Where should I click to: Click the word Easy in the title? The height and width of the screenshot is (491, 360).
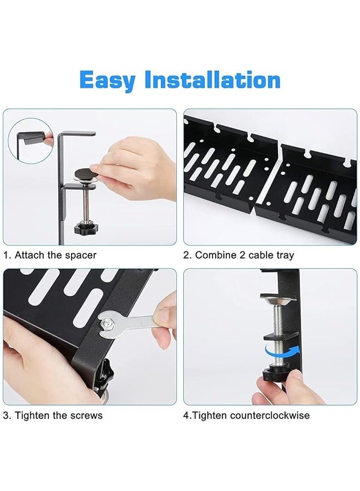pyautogui.click(x=107, y=80)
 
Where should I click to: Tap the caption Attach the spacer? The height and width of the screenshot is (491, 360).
pyautogui.click(x=50, y=255)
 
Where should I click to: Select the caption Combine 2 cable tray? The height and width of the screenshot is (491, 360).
pyautogui.click(x=239, y=255)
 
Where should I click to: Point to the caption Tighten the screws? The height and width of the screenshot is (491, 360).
pyautogui.click(x=53, y=416)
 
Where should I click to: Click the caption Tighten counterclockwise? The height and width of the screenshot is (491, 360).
pyautogui.click(x=246, y=416)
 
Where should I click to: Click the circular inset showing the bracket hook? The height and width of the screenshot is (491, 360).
pyautogui.click(x=30, y=141)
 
